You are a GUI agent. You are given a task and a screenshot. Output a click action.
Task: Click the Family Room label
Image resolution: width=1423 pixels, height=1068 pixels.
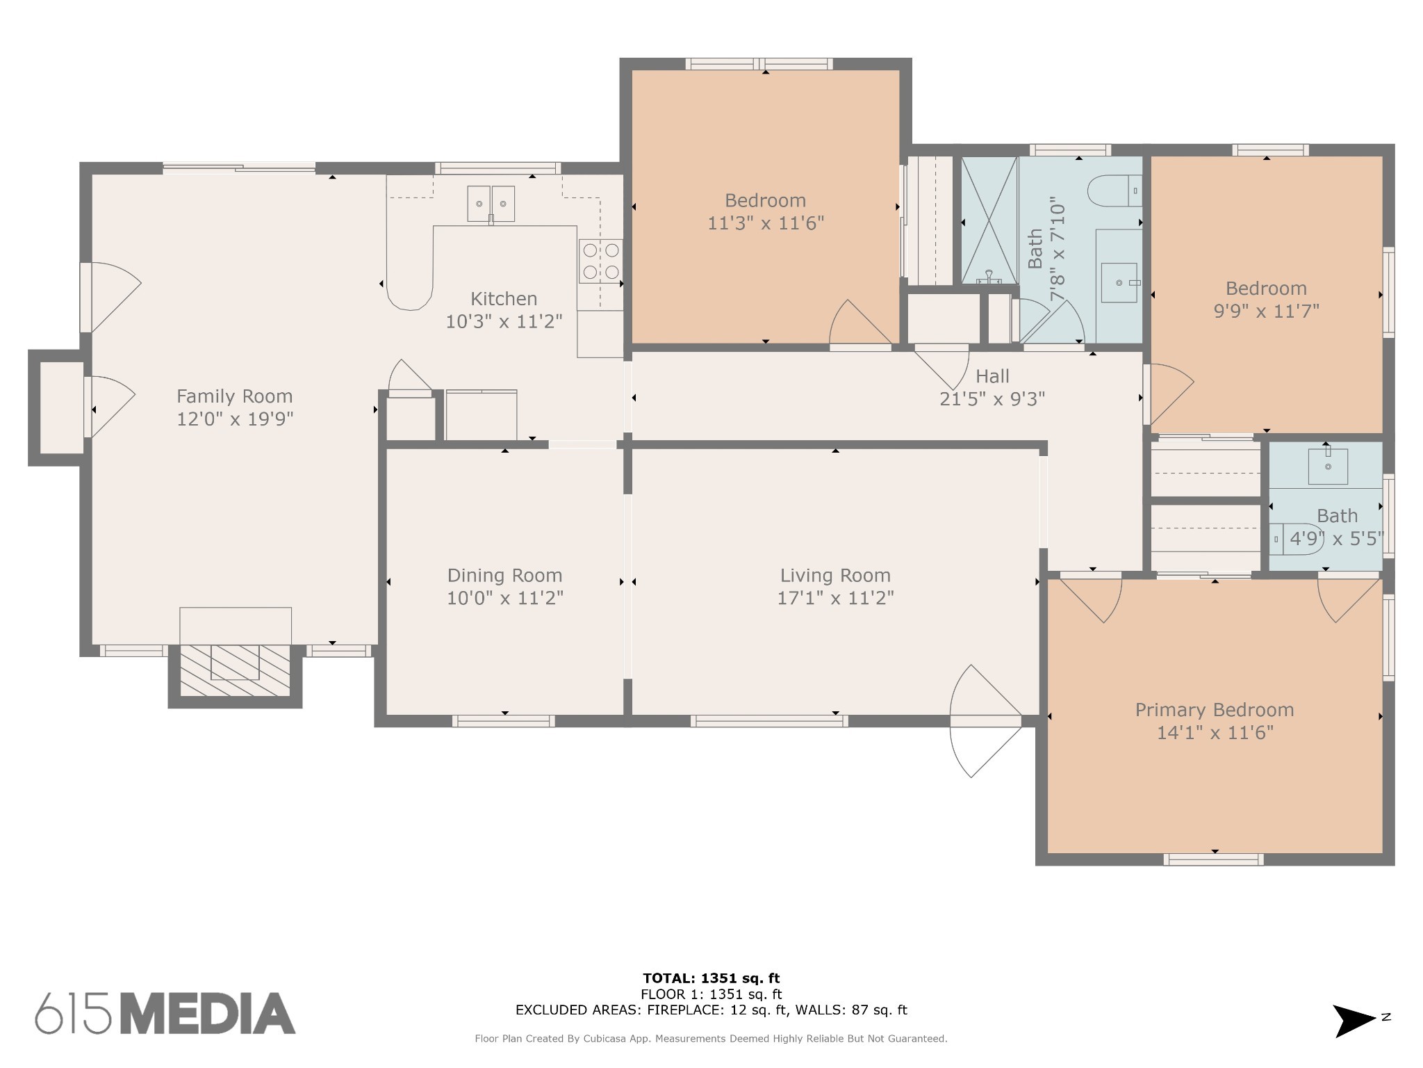pyautogui.click(x=234, y=396)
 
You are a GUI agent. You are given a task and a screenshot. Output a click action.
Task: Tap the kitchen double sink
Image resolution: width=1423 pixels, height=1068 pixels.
pyautogui.click(x=491, y=204)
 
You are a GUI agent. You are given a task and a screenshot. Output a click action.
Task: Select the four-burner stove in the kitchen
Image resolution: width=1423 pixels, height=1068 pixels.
pyautogui.click(x=601, y=261)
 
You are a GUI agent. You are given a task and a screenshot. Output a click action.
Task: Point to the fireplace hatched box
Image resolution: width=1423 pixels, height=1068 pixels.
pyautogui.click(x=235, y=669)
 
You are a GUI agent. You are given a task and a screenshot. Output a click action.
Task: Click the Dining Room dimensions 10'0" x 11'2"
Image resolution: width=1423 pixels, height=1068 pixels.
pyautogui.click(x=504, y=598)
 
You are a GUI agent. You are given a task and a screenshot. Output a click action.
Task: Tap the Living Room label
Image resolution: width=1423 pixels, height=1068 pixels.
pyautogui.click(x=835, y=576)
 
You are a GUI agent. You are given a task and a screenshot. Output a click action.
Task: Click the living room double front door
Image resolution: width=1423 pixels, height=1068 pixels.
pyautogui.click(x=985, y=720)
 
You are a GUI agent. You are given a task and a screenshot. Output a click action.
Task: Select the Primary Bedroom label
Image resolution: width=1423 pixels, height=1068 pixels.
pyautogui.click(x=1214, y=710)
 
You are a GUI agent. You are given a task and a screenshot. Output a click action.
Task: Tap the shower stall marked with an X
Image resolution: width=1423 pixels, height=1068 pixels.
pyautogui.click(x=989, y=220)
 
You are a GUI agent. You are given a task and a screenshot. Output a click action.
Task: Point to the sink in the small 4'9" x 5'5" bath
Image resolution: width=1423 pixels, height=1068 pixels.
pyautogui.click(x=1327, y=466)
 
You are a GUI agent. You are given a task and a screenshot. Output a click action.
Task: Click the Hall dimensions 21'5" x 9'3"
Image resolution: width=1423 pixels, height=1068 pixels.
pyautogui.click(x=992, y=399)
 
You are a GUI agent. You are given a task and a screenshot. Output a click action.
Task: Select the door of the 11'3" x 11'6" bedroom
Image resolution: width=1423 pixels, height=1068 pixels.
pyautogui.click(x=860, y=325)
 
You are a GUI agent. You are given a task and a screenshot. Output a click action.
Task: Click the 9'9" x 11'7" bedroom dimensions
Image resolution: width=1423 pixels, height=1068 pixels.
pyautogui.click(x=1266, y=311)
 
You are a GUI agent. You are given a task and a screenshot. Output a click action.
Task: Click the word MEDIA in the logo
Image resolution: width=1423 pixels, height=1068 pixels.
pyautogui.click(x=209, y=1014)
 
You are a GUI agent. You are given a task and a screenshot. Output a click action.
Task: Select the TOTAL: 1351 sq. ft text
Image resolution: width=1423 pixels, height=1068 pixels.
pyautogui.click(x=711, y=979)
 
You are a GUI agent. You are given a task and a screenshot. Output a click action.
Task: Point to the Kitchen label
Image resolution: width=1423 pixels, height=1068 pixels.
pyautogui.click(x=504, y=299)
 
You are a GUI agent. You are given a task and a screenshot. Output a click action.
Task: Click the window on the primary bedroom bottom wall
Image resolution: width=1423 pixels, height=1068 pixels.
pyautogui.click(x=1213, y=860)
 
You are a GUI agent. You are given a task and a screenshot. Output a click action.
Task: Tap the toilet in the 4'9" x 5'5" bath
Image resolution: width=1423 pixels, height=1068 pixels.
pyautogui.click(x=1297, y=539)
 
